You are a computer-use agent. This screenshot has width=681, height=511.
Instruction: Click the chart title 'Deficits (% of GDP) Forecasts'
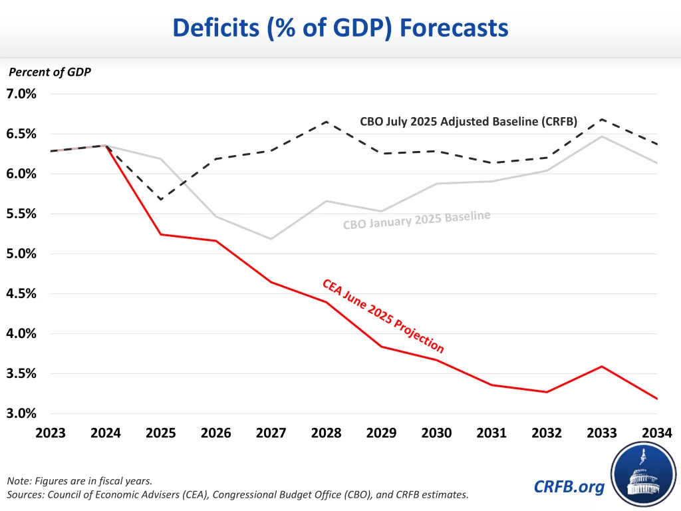(340, 28)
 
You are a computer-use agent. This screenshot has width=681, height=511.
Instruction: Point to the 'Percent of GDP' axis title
(49, 73)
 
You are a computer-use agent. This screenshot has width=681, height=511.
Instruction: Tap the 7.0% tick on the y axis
(23, 94)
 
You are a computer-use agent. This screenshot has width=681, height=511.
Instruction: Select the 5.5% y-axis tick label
(23, 214)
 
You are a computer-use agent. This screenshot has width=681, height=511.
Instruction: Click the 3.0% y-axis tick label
(23, 413)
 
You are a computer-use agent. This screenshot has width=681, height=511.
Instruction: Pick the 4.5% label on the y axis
(23, 293)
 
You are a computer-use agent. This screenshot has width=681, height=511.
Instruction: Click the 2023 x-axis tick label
(51, 433)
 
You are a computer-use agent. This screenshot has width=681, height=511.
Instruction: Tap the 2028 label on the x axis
(326, 433)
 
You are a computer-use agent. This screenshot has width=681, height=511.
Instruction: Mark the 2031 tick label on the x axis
(492, 433)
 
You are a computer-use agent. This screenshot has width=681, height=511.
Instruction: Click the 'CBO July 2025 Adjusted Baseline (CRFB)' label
(468, 122)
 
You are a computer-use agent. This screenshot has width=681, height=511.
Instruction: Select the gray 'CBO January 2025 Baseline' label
(417, 219)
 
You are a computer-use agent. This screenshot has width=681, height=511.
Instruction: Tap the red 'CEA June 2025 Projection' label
(383, 315)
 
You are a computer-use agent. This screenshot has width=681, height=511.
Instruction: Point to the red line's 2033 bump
(602, 366)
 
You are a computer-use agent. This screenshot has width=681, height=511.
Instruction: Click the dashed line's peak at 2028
(326, 121)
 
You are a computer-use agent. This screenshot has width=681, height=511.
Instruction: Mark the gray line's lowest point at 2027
(271, 239)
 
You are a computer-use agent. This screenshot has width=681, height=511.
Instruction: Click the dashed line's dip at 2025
(160, 199)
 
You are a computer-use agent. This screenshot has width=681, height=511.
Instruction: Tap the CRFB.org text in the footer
(569, 487)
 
